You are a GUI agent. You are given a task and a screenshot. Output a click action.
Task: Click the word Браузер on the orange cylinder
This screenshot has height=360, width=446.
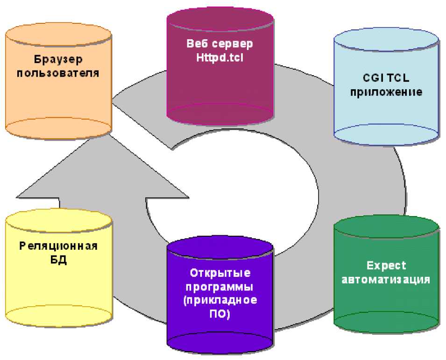58,59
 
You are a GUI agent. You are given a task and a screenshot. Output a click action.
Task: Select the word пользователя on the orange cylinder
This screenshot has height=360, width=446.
58,73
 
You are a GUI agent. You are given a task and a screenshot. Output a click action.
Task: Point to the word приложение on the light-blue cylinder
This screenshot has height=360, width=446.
386,92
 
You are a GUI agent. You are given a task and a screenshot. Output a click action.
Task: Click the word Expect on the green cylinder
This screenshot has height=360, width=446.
386,265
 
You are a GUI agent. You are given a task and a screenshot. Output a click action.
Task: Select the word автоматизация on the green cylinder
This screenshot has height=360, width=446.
386,280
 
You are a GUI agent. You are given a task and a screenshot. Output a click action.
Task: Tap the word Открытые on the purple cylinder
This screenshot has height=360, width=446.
220,272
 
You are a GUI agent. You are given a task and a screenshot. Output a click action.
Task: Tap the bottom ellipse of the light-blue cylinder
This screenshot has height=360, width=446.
386,134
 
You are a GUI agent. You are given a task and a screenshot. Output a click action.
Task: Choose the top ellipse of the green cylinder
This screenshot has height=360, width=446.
386,226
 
